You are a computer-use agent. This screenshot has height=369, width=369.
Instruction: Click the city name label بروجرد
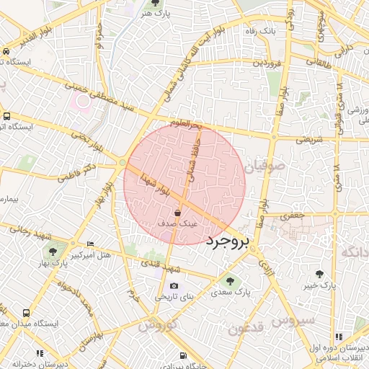(x=236, y=242)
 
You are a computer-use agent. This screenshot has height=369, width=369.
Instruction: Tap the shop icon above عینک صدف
(x=178, y=213)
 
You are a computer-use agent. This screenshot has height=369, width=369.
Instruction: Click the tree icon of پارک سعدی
(x=230, y=282)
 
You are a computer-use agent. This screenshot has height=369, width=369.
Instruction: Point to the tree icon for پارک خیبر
(x=319, y=274)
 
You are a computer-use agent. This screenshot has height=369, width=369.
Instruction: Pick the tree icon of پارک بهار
(x=52, y=251)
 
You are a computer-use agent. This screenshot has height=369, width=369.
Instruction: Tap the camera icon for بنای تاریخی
(x=174, y=286)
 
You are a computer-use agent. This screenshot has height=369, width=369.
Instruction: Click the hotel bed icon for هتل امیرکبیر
(x=89, y=244)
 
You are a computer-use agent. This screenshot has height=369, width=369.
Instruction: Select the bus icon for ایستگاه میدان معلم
(x=26, y=314)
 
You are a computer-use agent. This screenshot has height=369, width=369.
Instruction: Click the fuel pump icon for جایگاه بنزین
(x=184, y=355)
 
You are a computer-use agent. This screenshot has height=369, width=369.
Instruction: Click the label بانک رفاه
(x=257, y=32)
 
